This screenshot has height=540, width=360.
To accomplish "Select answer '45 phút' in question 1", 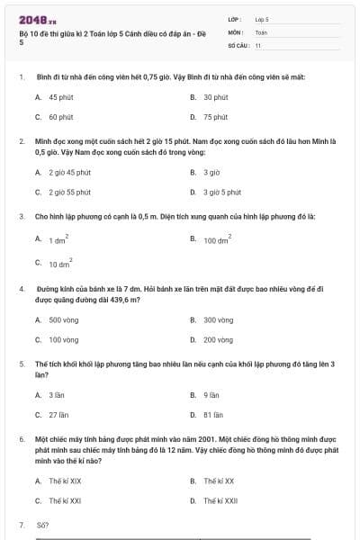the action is pos(61,97).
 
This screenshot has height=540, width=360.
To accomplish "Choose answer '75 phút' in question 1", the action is pos(215,117).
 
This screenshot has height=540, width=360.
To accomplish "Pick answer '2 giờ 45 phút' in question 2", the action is pos(70,172).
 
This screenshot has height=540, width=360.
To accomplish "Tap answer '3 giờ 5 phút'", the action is pos(221,192).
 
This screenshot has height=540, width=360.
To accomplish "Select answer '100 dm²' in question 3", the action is pos(217,240).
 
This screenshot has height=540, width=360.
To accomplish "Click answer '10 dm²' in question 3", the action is pos(58,265).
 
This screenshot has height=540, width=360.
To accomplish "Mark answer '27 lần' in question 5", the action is pos(58,415).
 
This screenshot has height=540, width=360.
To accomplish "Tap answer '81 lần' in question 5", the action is pos(213,415).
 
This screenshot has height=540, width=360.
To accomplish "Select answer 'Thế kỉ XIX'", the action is pos(65,481).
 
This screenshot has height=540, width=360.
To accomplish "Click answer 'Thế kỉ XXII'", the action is pos(220,500).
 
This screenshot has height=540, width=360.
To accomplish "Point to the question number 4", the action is pos(21,289).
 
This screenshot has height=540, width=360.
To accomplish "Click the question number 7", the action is pos(21,524).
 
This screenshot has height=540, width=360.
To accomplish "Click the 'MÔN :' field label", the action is pos(236,31).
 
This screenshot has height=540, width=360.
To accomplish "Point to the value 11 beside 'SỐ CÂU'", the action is pos(258,44).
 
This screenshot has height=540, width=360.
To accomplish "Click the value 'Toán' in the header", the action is pos(261,31).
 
